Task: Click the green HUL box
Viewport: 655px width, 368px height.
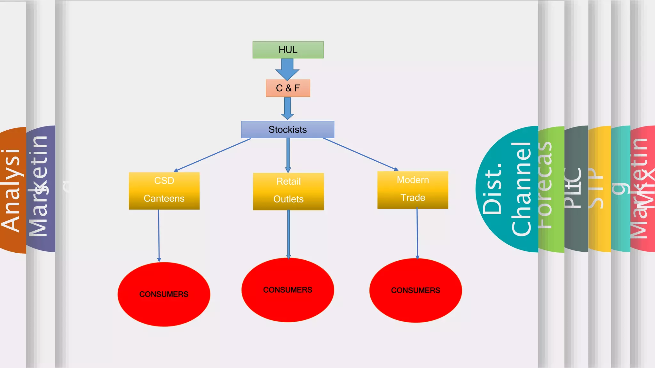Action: click(x=288, y=50)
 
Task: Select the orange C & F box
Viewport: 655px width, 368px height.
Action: click(x=288, y=88)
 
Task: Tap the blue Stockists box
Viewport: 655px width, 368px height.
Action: click(x=288, y=129)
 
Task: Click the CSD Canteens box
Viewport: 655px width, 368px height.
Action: click(x=164, y=191)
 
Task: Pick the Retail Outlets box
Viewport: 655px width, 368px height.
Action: click(x=288, y=191)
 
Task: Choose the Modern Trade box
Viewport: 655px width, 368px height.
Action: click(x=413, y=190)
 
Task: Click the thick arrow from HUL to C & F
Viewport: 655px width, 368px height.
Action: click(x=287, y=69)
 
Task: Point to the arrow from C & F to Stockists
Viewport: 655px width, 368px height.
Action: click(x=288, y=109)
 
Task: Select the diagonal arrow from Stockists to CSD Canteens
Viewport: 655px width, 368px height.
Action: click(x=213, y=155)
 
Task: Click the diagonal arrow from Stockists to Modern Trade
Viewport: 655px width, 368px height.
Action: click(x=361, y=154)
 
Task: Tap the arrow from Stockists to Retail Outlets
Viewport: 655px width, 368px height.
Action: click(x=288, y=155)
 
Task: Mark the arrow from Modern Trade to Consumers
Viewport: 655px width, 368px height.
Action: click(x=417, y=233)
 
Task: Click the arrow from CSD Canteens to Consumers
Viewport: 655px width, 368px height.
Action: click(x=159, y=236)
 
